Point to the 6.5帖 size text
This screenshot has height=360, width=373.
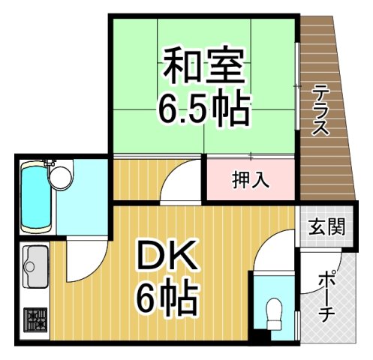coord(203,109)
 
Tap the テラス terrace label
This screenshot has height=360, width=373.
coord(321,110)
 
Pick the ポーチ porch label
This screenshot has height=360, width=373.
coord(324,296)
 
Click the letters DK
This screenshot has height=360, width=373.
coord(167,259)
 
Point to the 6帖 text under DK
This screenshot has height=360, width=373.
coord(167,298)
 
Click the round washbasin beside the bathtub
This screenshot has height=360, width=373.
coord(60,177)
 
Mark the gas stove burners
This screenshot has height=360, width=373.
coord(35,320)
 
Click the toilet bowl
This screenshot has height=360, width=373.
coord(273,309)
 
